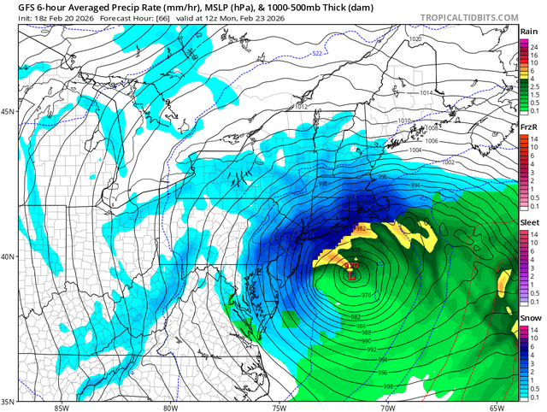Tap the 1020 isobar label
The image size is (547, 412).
(x=415, y=40)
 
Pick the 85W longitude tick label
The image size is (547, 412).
(x=61, y=407)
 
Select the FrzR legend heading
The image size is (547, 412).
(x=529, y=127)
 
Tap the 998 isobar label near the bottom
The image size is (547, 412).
(x=388, y=387)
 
